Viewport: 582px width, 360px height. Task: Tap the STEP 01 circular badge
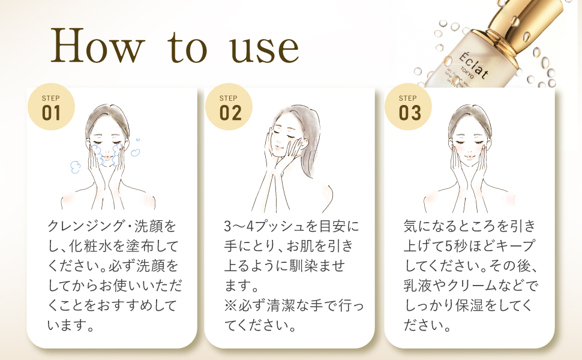pyautogui.click(x=52, y=109)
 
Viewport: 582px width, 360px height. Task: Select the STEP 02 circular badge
pyautogui.click(x=229, y=109)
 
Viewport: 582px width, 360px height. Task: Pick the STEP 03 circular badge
pyautogui.click(x=408, y=109)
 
